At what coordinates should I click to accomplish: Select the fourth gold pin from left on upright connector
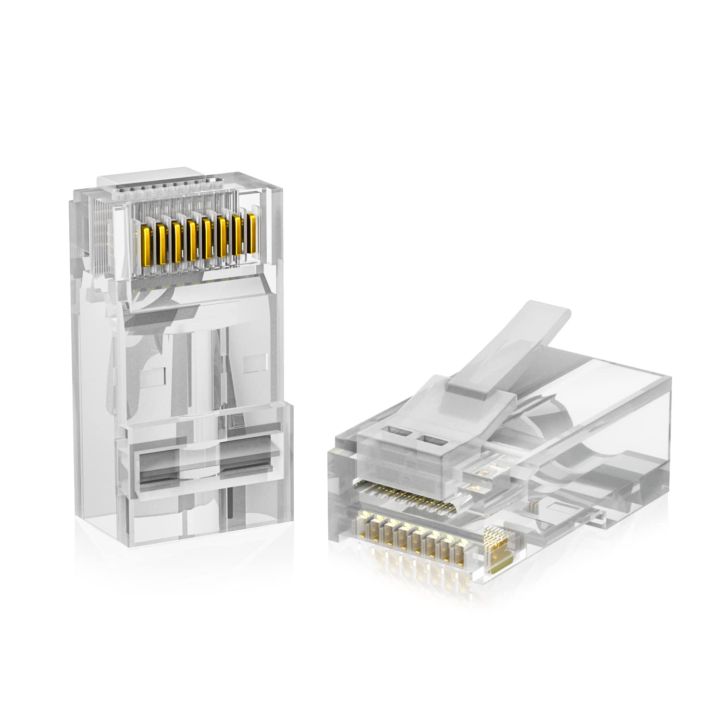192,240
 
